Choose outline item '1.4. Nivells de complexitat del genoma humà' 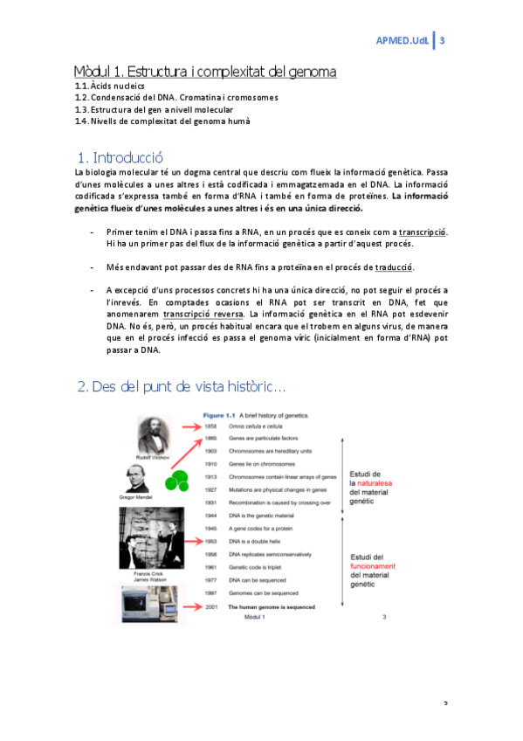(x=162, y=121)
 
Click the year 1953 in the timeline (x=210, y=542)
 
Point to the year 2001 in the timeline (x=210, y=606)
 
